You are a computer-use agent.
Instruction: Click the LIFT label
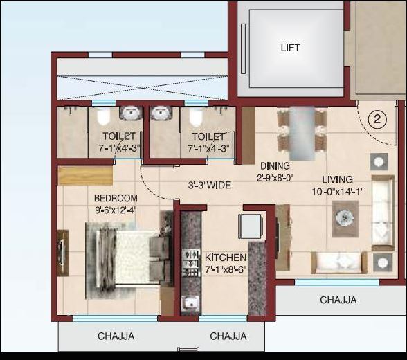point(290,48)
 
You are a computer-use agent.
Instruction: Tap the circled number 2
point(377,118)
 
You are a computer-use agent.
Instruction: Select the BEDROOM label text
point(116,198)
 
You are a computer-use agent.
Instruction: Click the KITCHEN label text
point(226,258)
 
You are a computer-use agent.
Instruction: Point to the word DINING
point(275,166)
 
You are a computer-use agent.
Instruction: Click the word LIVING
point(337,179)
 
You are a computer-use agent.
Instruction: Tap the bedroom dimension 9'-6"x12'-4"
point(116,210)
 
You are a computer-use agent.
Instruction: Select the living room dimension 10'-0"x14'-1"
point(338,191)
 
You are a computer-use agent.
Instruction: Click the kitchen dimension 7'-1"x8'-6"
point(226,269)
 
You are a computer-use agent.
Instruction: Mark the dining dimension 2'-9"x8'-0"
point(276,177)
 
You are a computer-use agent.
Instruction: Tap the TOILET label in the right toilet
point(208,136)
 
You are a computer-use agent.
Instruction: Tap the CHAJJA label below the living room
point(338,300)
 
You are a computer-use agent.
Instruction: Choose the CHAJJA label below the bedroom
point(116,336)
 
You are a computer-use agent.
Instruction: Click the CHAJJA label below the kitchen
point(228,336)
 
